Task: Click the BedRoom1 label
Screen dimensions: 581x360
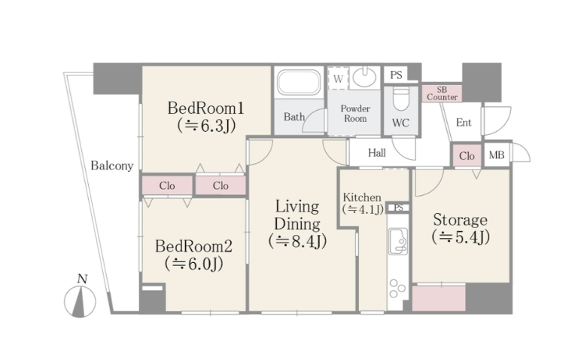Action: click(x=206, y=108)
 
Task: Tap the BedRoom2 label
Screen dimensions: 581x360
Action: click(x=193, y=246)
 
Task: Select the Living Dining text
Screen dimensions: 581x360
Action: click(x=297, y=215)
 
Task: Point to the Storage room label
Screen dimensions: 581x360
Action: click(x=460, y=220)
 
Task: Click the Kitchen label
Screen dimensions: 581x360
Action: click(x=362, y=197)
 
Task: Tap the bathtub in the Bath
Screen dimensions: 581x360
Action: click(x=299, y=82)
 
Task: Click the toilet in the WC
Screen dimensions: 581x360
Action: click(x=401, y=99)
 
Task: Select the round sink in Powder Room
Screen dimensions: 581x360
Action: click(x=364, y=78)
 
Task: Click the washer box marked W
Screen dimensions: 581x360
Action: click(x=338, y=78)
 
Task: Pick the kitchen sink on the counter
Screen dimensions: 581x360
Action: click(x=398, y=241)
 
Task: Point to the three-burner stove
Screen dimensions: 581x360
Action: click(x=397, y=288)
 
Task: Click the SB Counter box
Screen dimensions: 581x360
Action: click(x=442, y=93)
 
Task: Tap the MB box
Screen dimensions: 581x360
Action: click(x=497, y=155)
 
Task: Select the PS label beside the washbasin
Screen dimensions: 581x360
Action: click(x=396, y=75)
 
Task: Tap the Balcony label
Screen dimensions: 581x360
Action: click(x=112, y=166)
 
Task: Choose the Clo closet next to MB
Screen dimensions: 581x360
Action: click(x=467, y=155)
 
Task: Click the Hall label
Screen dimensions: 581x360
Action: click(x=377, y=153)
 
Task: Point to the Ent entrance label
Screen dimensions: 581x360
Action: click(x=464, y=122)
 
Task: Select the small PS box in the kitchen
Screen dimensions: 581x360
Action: click(x=398, y=208)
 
